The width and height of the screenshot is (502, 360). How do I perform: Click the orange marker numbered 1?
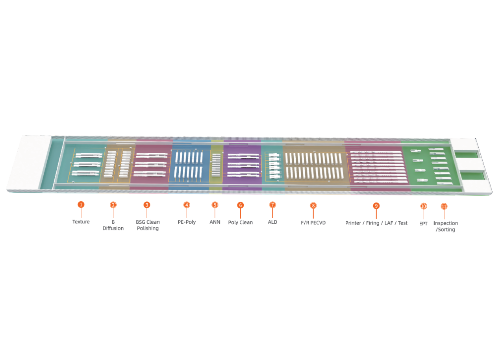(81, 204)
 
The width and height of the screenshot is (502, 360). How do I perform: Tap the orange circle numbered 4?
(187, 205)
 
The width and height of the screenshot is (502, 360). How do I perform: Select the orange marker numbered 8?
(313, 206)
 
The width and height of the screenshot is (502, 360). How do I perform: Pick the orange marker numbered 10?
(424, 206)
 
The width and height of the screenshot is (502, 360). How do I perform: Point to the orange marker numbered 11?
(444, 206)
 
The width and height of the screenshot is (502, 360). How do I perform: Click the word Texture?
(81, 222)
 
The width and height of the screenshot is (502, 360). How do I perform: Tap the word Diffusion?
(113, 228)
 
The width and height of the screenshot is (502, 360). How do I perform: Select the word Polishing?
(148, 228)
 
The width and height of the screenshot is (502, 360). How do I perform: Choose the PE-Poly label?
(187, 222)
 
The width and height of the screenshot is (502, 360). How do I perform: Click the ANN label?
(215, 222)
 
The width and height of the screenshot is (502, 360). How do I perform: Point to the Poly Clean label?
(241, 223)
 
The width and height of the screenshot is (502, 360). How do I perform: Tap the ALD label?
(272, 222)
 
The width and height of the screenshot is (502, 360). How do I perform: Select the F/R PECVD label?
(313, 223)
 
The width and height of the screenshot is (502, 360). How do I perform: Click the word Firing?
(373, 223)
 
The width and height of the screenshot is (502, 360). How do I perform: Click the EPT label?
(423, 224)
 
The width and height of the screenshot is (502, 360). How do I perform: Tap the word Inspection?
(446, 223)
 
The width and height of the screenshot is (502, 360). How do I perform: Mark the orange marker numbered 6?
(241, 205)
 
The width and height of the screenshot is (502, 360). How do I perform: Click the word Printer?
(353, 223)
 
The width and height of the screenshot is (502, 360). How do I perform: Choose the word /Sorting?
(446, 230)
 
